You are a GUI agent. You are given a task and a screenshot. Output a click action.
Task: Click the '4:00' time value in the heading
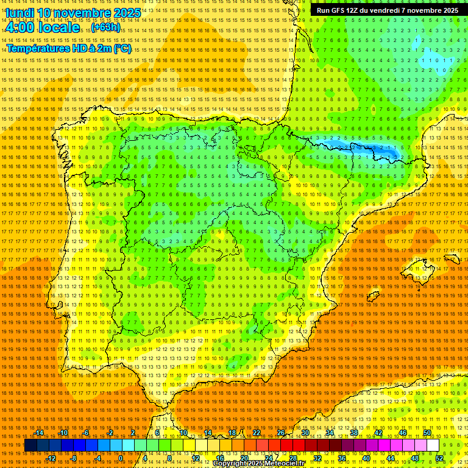pyautogui.click(x=20, y=27)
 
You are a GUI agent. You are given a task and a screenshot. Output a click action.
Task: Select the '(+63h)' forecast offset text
pyautogui.click(x=106, y=28)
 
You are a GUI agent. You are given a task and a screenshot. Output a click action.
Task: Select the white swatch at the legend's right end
pyautogui.click(x=433, y=445)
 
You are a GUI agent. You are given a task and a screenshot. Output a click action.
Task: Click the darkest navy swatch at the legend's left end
pyautogui.click(x=30, y=445)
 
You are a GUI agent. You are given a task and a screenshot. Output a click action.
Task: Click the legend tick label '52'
pyautogui.click(x=439, y=458)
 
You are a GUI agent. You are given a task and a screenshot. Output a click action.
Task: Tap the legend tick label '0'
pyautogui.click(x=121, y=458)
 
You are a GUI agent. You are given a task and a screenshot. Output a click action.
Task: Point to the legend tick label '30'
pyautogui.click(x=305, y=433)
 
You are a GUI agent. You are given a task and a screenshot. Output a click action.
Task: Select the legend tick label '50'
pyautogui.click(x=427, y=433)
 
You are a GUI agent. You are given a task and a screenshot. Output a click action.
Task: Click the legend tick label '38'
pyautogui.click(x=353, y=433)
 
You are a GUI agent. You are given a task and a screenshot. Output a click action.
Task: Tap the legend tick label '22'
pyautogui.click(x=256, y=433)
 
